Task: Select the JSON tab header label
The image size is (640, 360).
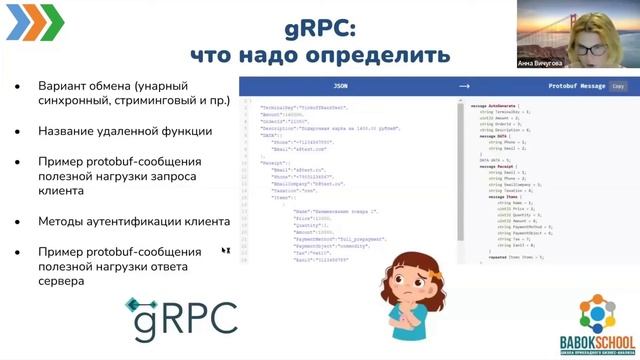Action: pyautogui.click(x=341, y=87)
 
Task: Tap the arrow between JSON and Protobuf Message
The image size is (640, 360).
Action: pyautogui.click(x=464, y=87)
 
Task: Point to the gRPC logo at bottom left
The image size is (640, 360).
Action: pyautogui.click(x=181, y=315)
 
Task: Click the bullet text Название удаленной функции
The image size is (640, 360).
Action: pyautogui.click(x=125, y=130)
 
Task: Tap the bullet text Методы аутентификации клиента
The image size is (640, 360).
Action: pyautogui.click(x=134, y=221)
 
